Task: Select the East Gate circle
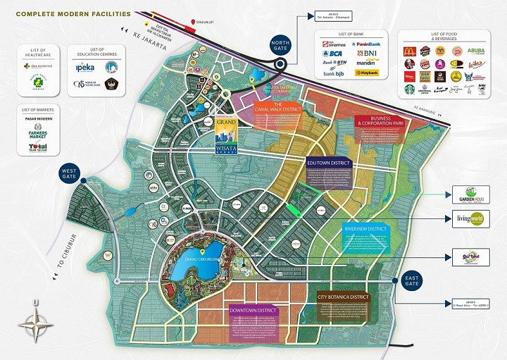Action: [412, 282]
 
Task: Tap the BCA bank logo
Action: [332, 54]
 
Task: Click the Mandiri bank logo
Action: [366, 63]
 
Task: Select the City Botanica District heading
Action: [343, 297]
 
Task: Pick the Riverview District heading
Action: [366, 229]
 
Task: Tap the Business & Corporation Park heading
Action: [380, 120]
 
